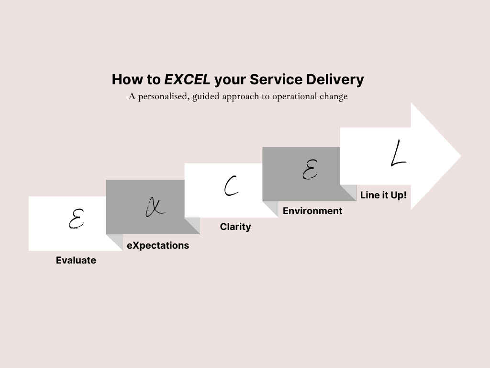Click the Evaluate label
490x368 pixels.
(76, 260)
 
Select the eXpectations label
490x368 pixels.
(158, 245)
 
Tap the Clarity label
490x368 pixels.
(235, 227)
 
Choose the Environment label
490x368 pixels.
(312, 211)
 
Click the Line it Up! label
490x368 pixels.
(383, 195)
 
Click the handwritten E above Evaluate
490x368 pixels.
(75, 219)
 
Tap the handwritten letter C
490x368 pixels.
(231, 186)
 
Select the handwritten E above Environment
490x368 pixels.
(310, 169)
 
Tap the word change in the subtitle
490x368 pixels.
(334, 96)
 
